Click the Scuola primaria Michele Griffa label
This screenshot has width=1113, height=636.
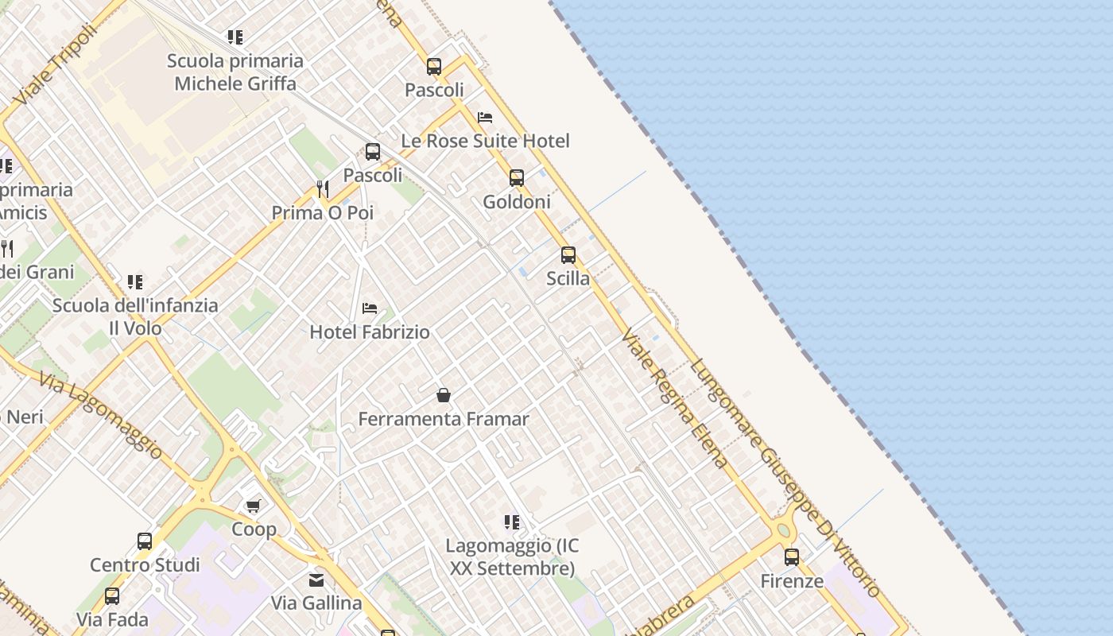coord(235,72)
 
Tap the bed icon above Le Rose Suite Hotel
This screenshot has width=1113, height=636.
coord(485,118)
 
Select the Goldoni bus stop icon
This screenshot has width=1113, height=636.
coord(517,178)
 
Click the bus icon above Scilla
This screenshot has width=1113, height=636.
coord(568,255)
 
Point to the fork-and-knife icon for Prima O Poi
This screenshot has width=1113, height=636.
coord(322,189)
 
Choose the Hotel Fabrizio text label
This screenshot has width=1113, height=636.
coord(370,332)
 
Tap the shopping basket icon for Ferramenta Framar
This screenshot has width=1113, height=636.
coord(444,395)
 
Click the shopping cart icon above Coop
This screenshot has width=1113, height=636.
coord(254,506)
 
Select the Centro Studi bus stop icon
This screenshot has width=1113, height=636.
coord(145,541)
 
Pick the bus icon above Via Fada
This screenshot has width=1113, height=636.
coord(112,596)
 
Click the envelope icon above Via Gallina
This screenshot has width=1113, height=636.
coord(316,580)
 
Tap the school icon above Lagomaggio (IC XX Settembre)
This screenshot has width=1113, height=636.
coord(512,522)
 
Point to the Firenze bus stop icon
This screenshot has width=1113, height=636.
coord(792,557)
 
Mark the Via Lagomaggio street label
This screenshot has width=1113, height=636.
coord(100,415)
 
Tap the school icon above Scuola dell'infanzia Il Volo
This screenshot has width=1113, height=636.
coord(135,282)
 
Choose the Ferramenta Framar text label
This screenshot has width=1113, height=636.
coord(444,419)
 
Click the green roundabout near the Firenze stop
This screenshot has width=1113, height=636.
coord(784,530)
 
